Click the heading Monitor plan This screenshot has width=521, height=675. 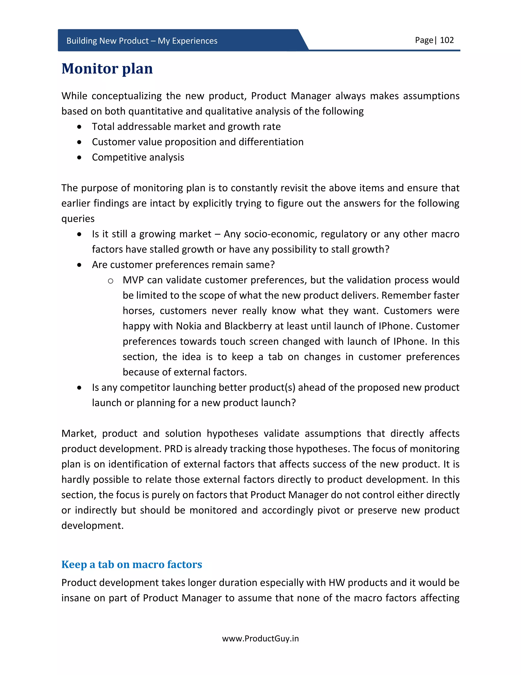[x=107, y=69]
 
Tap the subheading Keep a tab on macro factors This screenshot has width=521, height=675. [x=132, y=564]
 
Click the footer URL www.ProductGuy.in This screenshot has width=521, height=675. [x=260, y=639]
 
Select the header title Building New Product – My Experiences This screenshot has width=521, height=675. [x=142, y=41]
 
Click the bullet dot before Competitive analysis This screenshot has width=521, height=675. [x=80, y=158]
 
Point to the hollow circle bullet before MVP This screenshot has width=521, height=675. [x=110, y=281]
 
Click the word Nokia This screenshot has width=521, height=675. [x=189, y=326]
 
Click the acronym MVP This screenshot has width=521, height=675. [x=133, y=280]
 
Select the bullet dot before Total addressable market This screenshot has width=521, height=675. [x=80, y=127]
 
